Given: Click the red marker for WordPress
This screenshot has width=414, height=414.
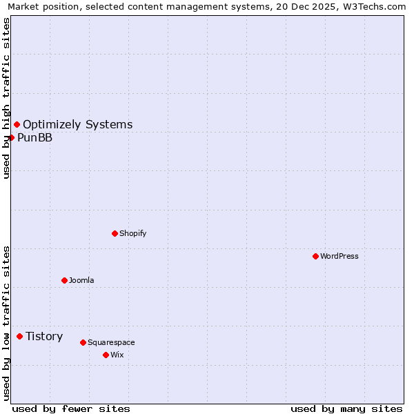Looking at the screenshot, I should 315,256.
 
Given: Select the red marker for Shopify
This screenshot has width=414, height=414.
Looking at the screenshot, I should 115,233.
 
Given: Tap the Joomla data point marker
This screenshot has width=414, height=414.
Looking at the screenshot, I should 64,280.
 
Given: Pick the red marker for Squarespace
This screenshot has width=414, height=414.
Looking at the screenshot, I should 83,342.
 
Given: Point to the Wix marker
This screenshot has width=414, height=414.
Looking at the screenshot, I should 106,355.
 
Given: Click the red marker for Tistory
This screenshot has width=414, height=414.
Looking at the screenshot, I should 19,336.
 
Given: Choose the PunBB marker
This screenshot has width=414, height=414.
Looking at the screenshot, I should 11,137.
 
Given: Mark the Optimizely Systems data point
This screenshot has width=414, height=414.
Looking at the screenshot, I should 17,124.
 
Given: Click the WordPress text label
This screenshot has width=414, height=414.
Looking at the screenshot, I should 339,256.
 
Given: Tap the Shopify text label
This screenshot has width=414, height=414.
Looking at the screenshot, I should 133,233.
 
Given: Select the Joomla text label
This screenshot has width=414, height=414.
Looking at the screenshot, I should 81,280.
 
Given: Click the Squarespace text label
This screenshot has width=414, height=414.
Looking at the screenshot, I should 111,342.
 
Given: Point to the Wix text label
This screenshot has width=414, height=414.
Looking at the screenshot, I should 117,355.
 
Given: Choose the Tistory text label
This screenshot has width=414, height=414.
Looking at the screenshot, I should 44,336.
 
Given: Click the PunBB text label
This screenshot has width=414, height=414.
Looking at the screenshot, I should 34,137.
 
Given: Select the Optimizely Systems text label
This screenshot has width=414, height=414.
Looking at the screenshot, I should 77,124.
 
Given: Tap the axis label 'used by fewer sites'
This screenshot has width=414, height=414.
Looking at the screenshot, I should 71,408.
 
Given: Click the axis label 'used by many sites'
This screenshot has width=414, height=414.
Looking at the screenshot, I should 346,408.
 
